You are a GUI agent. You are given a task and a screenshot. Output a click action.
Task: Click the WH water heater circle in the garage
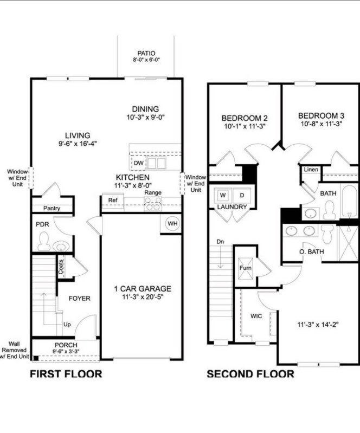coord(172,224)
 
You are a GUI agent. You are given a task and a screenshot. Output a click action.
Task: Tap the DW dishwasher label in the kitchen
coord(138,163)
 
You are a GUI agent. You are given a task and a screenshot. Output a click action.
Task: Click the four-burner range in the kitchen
coord(152,203)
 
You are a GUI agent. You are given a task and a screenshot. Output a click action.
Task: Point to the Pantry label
coord(51,208)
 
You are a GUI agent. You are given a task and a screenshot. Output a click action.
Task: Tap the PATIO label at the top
coord(146,53)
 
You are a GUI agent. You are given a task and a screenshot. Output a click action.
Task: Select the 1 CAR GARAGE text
coord(142,289)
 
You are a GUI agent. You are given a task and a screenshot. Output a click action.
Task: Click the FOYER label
coord(79,299)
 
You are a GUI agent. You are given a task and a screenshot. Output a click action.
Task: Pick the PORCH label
coord(66,345)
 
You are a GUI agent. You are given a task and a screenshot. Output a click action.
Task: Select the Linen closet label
coord(310,170)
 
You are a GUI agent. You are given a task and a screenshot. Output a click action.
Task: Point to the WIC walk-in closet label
coord(256,315)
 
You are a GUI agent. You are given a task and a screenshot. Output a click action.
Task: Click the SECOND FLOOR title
coord(250,374)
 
